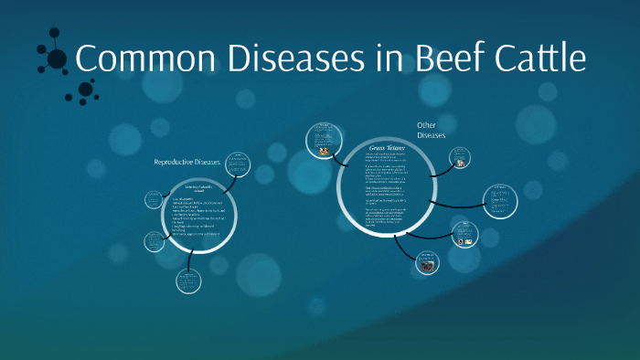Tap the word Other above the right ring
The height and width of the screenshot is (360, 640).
click(427, 125)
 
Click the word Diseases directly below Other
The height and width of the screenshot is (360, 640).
click(431, 136)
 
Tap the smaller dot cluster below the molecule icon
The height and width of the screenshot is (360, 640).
click(85, 90)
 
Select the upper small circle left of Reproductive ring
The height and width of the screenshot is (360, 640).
click(153, 199)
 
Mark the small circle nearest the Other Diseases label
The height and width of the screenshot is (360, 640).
click(461, 161)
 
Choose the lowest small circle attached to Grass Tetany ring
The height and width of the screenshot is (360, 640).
click(428, 262)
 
